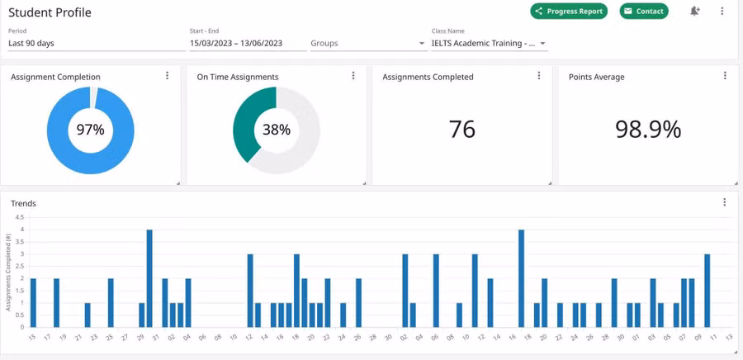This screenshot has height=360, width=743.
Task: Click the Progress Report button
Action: point(569,12)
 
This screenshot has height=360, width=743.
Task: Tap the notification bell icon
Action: point(695,12)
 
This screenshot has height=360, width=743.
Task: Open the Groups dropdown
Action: point(367,43)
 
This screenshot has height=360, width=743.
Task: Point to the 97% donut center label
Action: point(91,130)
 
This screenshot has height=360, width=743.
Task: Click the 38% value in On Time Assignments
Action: point(277,130)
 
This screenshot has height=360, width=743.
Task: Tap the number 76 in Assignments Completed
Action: point(462,129)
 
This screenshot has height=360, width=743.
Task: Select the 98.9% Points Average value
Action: point(648,129)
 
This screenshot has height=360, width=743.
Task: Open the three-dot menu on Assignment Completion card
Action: point(168,76)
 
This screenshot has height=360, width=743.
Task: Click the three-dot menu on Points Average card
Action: point(725,76)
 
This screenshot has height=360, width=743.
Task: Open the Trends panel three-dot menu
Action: point(725,202)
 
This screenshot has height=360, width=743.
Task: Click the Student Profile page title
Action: point(50,12)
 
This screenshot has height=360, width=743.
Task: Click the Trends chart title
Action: point(23,203)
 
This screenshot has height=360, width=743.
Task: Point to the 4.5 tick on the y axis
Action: point(20,218)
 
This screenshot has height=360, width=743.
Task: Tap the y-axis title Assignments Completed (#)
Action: point(8,272)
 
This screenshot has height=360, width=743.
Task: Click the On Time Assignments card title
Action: point(237,77)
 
